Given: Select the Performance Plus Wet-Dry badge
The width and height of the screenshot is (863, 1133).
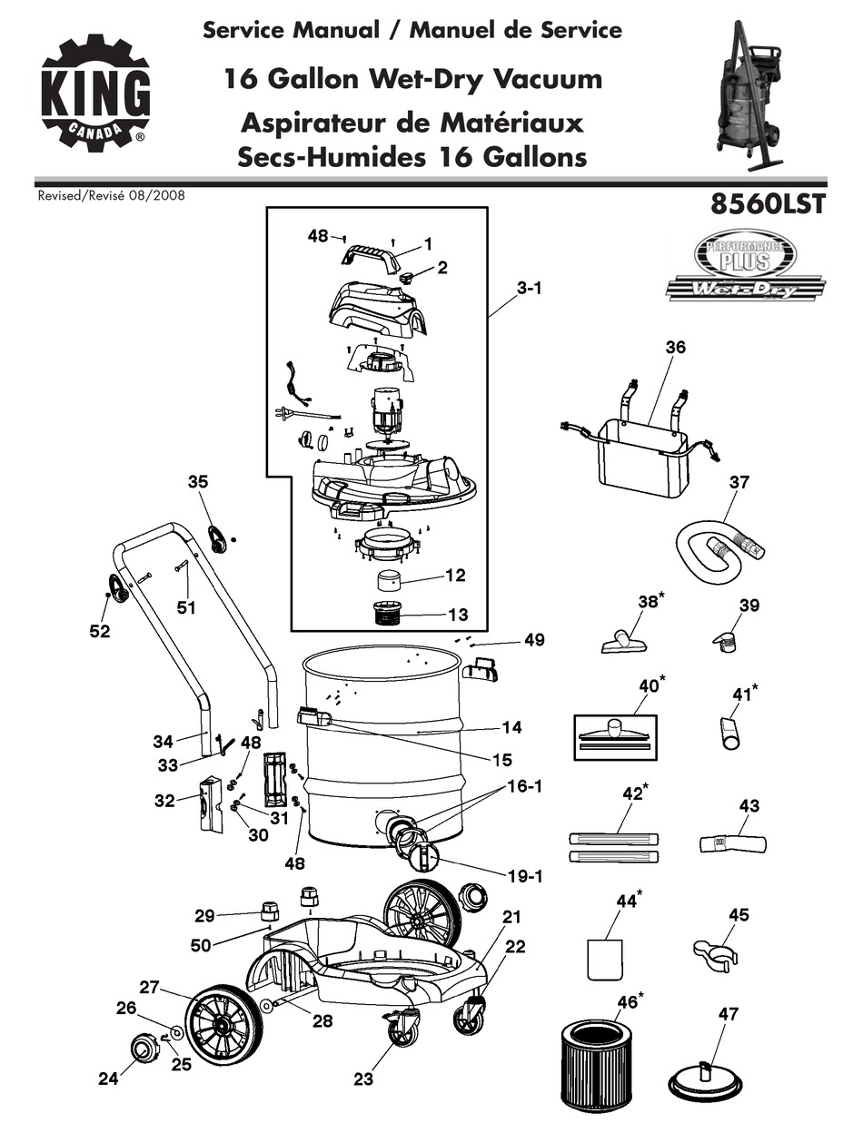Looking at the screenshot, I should click(x=745, y=265).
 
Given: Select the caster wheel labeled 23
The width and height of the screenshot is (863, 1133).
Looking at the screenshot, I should click(x=399, y=1031).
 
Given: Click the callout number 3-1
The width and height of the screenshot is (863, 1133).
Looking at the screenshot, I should click(x=530, y=288).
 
